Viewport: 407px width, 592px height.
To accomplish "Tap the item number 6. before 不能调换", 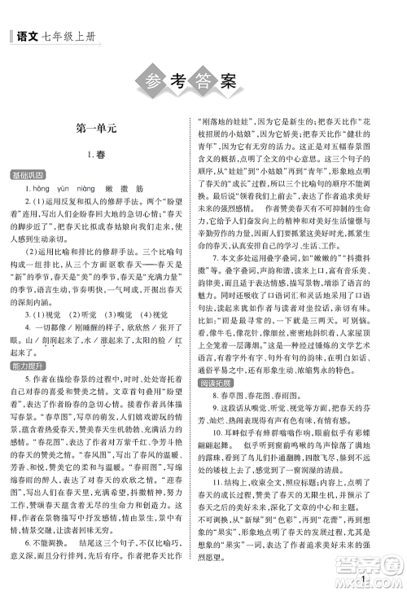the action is pyautogui.click(x=28, y=550).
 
